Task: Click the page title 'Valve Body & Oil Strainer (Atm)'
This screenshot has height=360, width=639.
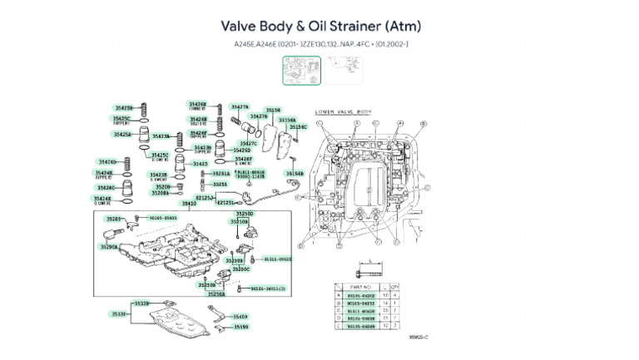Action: tap(319, 26)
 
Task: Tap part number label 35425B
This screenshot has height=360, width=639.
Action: tap(124, 108)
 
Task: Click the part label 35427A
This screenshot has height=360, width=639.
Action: tap(240, 107)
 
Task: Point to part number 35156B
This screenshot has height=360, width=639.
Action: tap(295, 173)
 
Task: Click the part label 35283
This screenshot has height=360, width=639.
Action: tap(113, 219)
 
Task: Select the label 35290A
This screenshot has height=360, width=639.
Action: tap(109, 247)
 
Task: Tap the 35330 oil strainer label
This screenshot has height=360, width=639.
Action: tap(120, 314)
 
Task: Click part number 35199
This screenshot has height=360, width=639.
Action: tap(240, 327)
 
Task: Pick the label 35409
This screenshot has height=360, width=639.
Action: tap(240, 317)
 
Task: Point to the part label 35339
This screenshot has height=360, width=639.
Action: tap(141, 304)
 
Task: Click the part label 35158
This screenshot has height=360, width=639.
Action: tap(273, 110)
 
